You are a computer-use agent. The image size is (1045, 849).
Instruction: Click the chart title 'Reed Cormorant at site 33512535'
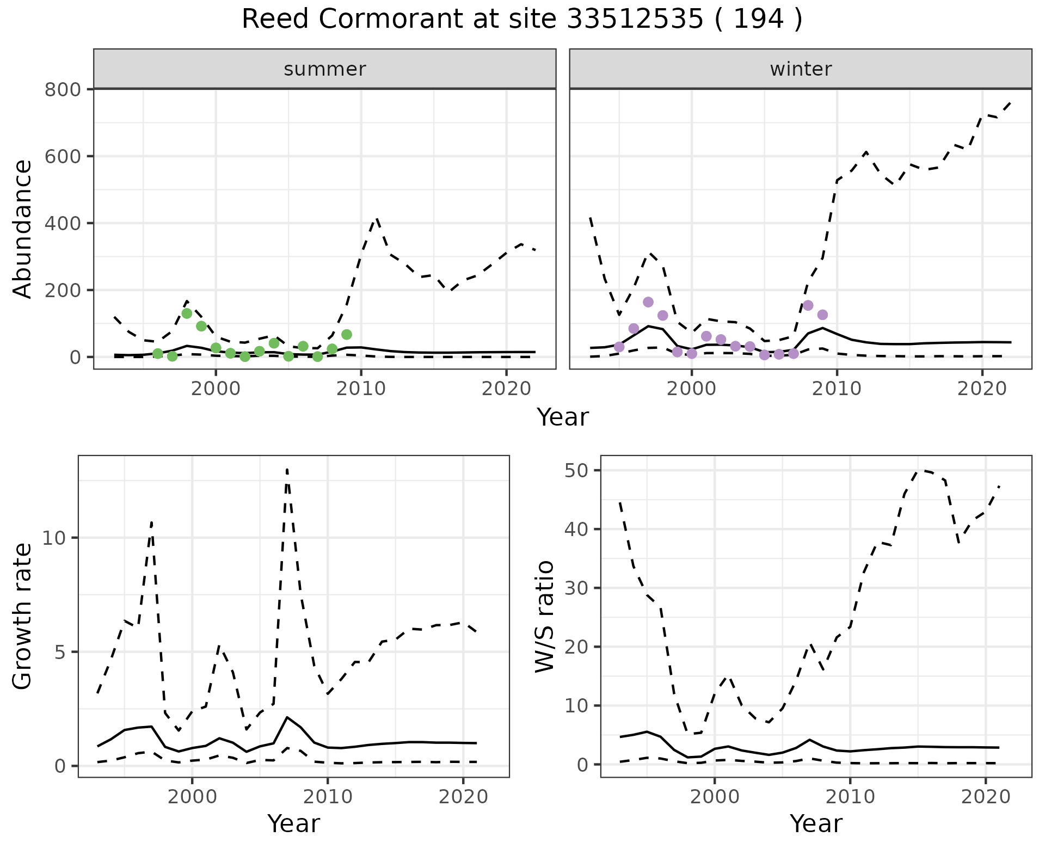(x=521, y=20)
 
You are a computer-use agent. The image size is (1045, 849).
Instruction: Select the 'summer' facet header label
(x=324, y=69)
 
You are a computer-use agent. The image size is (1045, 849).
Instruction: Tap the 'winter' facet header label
(x=800, y=69)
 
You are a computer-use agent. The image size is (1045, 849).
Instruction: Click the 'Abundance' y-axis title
(x=23, y=229)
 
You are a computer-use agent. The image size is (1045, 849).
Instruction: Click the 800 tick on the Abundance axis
(x=63, y=89)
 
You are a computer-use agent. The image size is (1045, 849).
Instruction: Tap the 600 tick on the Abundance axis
(x=63, y=156)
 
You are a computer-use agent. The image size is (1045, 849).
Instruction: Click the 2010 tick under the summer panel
(x=361, y=389)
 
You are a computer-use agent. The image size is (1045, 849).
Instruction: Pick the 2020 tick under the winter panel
(x=982, y=389)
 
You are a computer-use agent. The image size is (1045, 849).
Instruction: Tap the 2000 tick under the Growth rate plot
(x=192, y=797)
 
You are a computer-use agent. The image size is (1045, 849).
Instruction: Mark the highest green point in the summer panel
(x=187, y=313)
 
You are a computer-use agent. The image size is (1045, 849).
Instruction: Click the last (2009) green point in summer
(x=347, y=334)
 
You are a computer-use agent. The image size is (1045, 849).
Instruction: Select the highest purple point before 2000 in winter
(x=648, y=302)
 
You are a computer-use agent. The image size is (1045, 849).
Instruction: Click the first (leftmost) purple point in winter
(x=619, y=347)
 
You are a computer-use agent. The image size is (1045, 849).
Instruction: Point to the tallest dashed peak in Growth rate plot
(x=287, y=469)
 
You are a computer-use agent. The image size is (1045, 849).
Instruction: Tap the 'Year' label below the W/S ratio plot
(x=816, y=823)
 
